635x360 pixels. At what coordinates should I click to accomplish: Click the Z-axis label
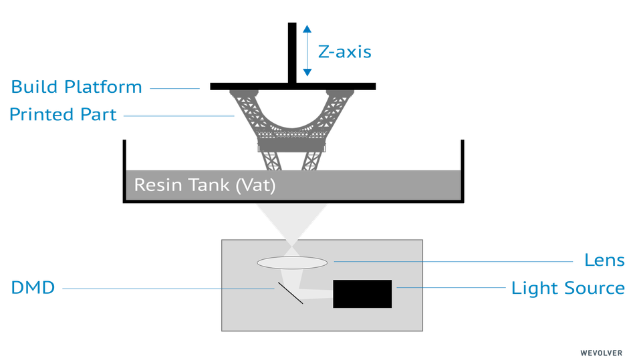(344, 51)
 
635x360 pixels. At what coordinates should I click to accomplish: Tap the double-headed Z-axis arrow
(307, 50)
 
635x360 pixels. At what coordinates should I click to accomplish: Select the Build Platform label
(76, 87)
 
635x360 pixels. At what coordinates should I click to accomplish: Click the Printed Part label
(63, 115)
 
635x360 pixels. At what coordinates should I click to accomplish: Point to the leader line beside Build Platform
(174, 87)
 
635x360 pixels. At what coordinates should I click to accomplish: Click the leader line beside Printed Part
(179, 116)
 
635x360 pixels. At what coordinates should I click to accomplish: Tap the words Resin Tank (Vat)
(205, 185)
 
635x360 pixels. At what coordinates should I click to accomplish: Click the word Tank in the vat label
(212, 185)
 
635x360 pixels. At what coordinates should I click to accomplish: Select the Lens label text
(604, 260)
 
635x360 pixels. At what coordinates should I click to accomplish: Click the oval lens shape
(291, 262)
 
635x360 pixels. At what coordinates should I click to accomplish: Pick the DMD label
(32, 289)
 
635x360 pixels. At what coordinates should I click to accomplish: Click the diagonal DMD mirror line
(290, 292)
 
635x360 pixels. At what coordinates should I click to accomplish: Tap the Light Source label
(567, 289)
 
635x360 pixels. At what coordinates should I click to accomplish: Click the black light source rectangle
(362, 294)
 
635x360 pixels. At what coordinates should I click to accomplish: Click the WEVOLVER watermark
(601, 352)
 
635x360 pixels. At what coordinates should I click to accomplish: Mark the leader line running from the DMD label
(167, 289)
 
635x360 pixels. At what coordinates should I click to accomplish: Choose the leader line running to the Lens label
(455, 261)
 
